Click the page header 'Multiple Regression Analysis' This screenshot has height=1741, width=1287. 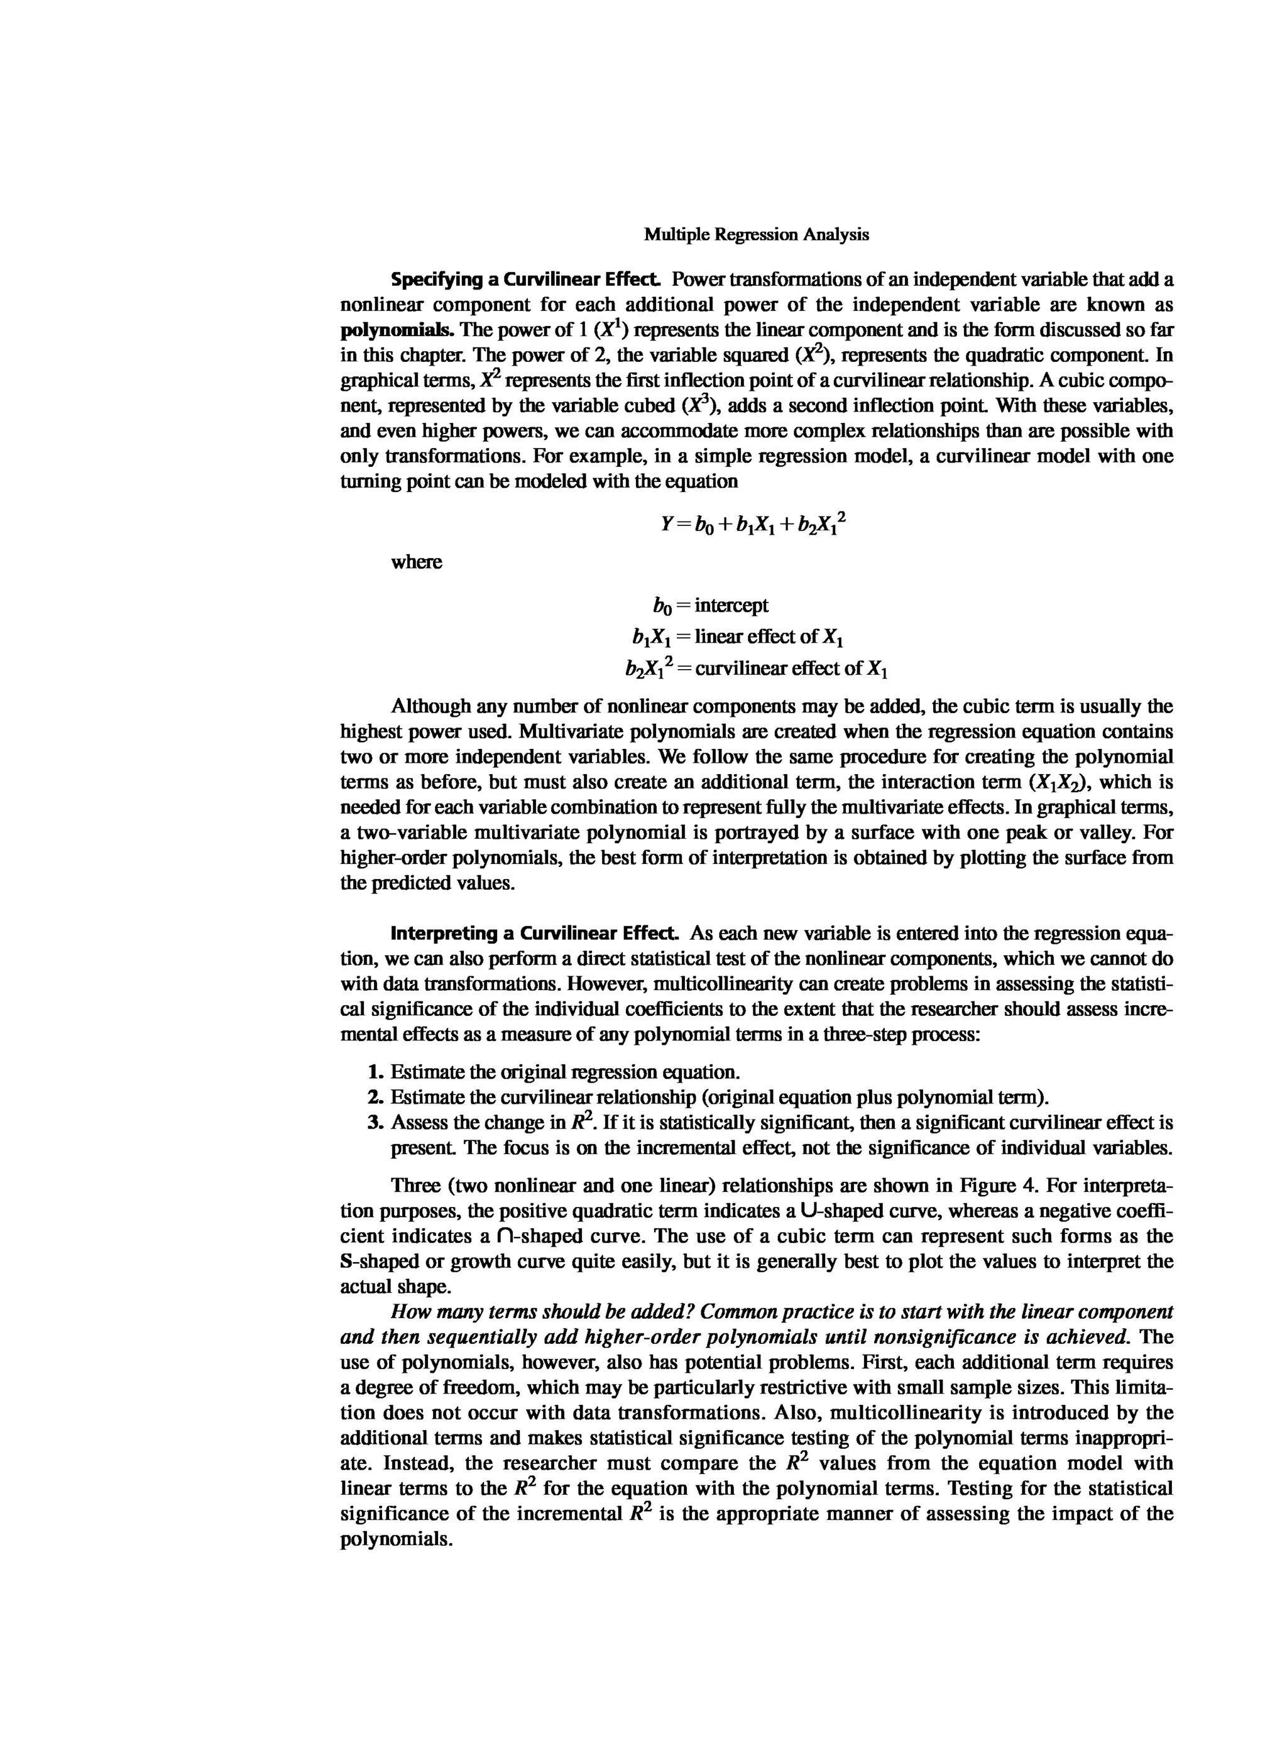pos(756,234)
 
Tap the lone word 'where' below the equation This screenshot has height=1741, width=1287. pos(416,562)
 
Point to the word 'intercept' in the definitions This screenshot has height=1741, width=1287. pos(731,605)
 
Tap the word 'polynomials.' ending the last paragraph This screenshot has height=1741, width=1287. pos(397,1540)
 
